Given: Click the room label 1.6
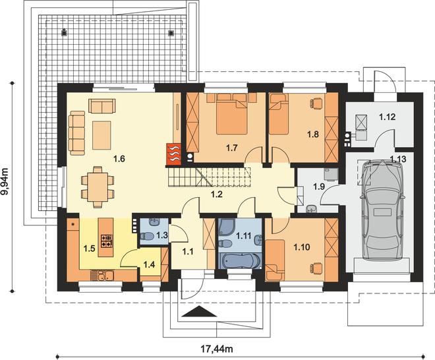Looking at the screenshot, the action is coord(119,159).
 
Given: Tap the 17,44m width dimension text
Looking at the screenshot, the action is coord(217,348).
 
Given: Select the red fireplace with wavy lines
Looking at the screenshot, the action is coord(173,154).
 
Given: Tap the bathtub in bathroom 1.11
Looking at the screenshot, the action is coord(239,261).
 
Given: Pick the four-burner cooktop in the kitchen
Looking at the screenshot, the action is coord(107,241).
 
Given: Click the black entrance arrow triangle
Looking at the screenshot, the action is coord(200,311).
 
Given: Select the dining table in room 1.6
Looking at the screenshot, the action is coord(97,187).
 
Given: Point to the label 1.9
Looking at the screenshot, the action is coord(319,187).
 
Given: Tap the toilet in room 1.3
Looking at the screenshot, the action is coord(147,237).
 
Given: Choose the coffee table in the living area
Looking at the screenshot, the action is coord(101,135).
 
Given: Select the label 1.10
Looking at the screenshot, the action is coord(302,247).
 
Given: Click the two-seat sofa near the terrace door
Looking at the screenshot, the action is coord(101,105).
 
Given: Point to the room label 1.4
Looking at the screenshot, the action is coord(149,264).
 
